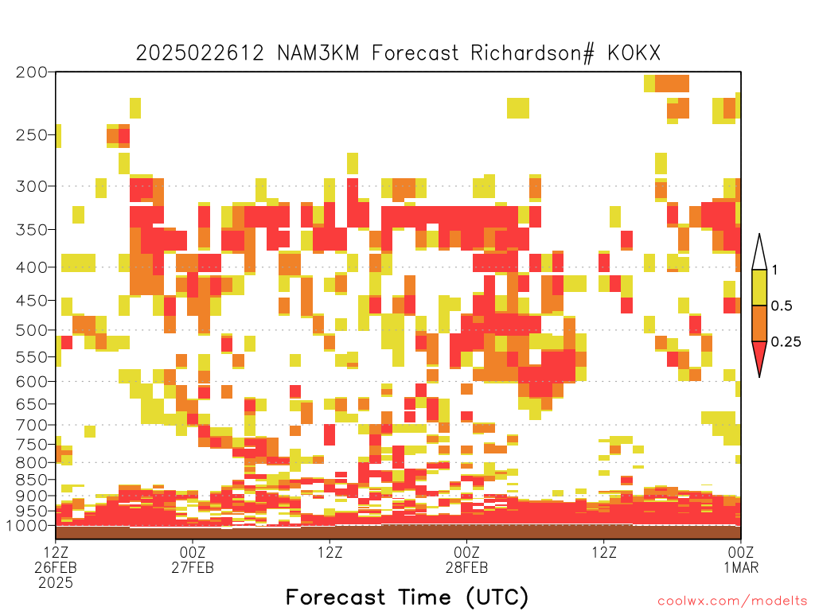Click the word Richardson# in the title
click(x=532, y=53)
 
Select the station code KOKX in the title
click(x=634, y=53)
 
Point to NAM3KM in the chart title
click(x=318, y=53)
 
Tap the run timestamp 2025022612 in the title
click(x=200, y=53)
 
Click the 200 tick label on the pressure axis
click(x=31, y=72)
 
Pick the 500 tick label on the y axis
click(x=31, y=330)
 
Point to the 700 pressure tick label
click(x=31, y=425)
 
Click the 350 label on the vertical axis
click(x=31, y=230)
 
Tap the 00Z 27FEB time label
click(x=193, y=559)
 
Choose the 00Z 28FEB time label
click(x=466, y=559)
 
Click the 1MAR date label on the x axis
click(x=741, y=567)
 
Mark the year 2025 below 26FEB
click(x=56, y=583)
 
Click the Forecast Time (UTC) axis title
click(x=407, y=597)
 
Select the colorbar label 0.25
click(x=786, y=342)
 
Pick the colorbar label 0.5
click(x=782, y=306)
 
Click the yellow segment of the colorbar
click(x=759, y=287)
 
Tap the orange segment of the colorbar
click(x=759, y=323)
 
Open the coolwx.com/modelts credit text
click(x=732, y=601)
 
